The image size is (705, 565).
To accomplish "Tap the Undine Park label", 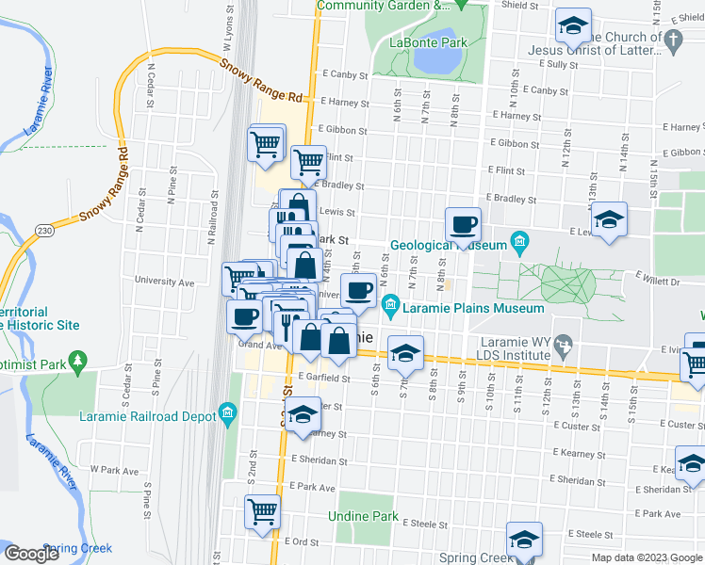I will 363,517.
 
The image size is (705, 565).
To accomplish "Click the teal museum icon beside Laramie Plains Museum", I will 391,302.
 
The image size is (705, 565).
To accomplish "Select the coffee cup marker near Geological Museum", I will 463,225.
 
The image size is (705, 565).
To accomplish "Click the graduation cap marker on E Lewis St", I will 609,220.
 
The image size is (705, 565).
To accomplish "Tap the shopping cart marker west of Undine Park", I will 263,511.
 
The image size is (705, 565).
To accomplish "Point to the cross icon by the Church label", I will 672,39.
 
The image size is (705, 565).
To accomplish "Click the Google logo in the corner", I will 32,554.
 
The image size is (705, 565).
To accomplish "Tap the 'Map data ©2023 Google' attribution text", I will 647,557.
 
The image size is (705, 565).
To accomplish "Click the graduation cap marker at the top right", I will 572,27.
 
